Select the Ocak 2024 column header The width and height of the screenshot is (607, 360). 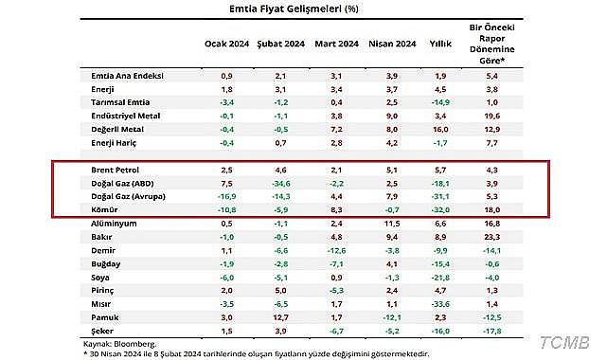tap(226, 44)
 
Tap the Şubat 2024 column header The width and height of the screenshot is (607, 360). tap(280, 44)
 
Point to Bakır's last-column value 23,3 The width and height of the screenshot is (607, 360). tap(490, 237)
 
